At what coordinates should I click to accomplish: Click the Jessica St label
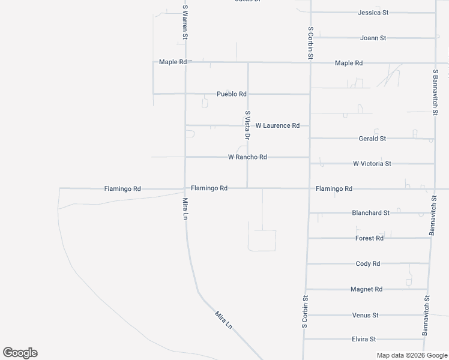[x=373, y=12]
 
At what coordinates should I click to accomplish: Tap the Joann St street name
[x=373, y=38]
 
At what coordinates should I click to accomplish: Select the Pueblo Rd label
[x=232, y=94]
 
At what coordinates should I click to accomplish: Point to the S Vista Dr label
[x=247, y=125]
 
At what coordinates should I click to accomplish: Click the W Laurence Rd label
[x=277, y=125]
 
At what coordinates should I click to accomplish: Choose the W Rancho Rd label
[x=247, y=157]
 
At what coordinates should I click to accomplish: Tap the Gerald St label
[x=372, y=139]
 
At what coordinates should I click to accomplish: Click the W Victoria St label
[x=372, y=163]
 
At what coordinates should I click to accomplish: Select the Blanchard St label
[x=370, y=213]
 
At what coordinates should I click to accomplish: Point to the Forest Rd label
[x=369, y=238]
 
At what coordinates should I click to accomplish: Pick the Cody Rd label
[x=368, y=264]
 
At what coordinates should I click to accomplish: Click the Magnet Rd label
[x=366, y=289]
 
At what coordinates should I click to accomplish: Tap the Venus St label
[x=365, y=315]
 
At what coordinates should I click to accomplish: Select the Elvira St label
[x=364, y=340]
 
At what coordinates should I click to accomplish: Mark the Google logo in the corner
[x=20, y=353]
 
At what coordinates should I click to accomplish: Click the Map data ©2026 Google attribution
[x=412, y=355]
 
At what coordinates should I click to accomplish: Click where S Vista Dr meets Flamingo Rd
[x=248, y=188]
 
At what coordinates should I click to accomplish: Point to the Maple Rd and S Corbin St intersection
[x=310, y=63]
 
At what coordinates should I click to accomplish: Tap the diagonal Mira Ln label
[x=223, y=319]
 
